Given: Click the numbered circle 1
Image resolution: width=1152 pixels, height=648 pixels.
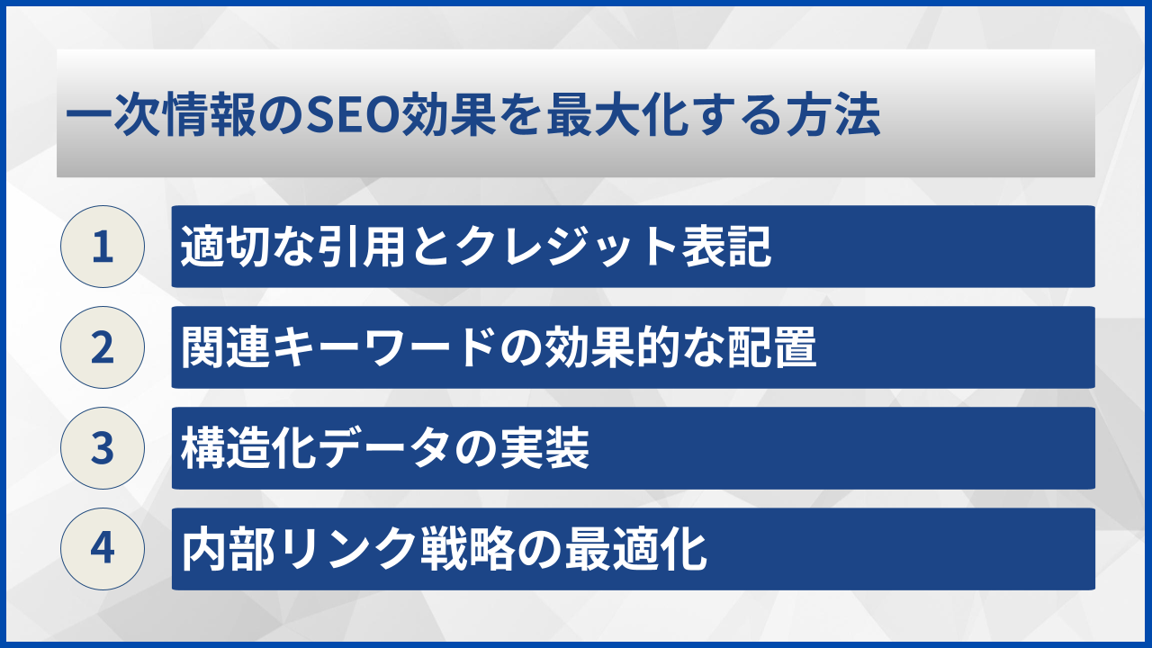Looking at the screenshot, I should (103, 247).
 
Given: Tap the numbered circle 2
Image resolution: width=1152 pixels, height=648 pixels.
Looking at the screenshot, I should (103, 347).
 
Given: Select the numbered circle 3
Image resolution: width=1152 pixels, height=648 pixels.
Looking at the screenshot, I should (103, 448).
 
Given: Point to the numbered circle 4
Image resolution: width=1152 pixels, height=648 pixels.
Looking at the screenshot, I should (103, 549).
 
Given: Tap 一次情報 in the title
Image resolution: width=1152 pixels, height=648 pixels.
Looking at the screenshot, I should (164, 118).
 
